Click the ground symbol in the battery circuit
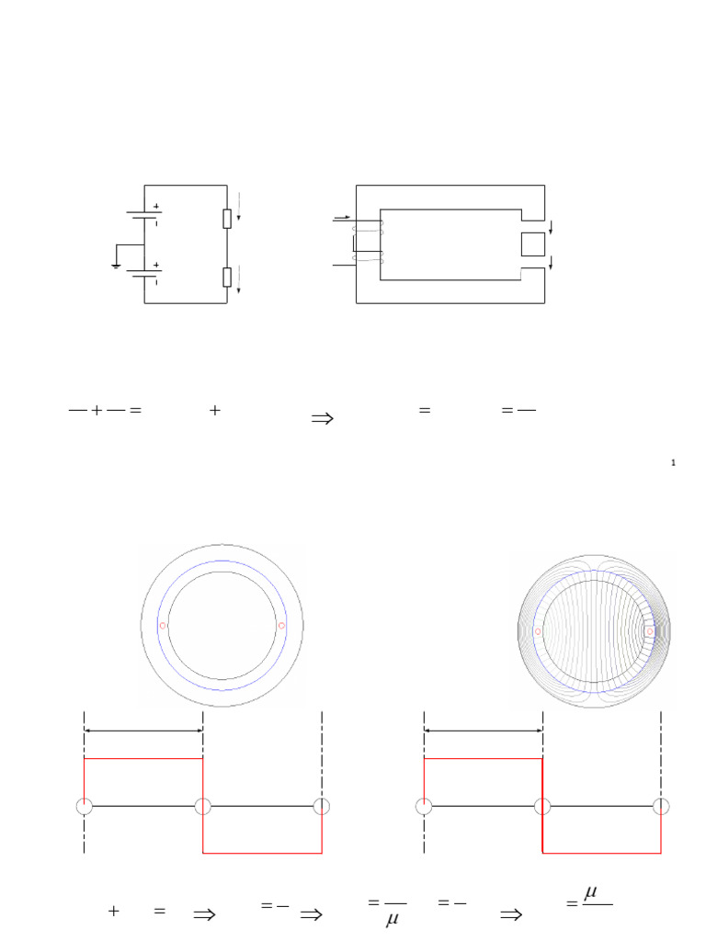pos(114,266)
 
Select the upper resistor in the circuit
pos(226,219)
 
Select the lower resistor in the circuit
pos(226,278)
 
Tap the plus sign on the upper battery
pos(156,206)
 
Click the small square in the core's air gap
pos(533,244)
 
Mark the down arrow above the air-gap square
pos(551,225)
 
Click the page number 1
pos(674,463)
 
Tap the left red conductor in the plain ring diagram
pos(163,626)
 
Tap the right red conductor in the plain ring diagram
pos(281,626)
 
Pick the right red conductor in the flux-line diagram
pos(650,631)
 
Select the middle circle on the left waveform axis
pos(203,806)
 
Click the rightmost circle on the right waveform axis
pos(661,806)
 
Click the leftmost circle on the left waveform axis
pos(84,806)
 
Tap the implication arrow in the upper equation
pos(322,419)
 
